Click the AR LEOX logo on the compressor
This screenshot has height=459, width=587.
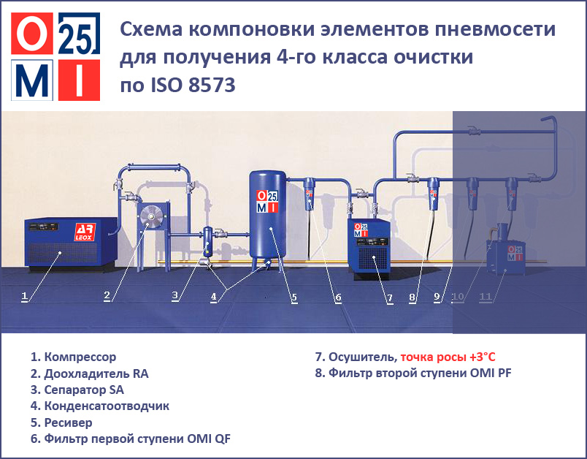(x=85, y=232)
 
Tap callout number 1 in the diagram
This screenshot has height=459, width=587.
(x=24, y=297)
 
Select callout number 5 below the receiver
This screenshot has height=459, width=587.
(x=295, y=297)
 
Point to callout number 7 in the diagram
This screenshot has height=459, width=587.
(x=390, y=298)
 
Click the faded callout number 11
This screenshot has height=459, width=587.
(x=486, y=297)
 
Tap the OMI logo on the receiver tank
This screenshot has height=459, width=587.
(x=267, y=201)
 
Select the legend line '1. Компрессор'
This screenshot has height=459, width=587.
(x=73, y=357)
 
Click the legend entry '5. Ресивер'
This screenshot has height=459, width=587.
(x=61, y=422)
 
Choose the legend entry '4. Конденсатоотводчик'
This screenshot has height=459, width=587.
(x=100, y=406)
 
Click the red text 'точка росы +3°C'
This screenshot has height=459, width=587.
(x=448, y=357)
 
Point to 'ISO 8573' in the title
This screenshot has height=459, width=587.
(x=193, y=85)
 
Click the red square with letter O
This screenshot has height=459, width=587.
(x=32, y=34)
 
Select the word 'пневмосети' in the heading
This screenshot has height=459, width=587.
(x=495, y=29)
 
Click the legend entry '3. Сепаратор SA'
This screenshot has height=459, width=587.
(x=77, y=390)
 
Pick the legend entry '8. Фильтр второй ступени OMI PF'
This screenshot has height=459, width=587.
(x=413, y=373)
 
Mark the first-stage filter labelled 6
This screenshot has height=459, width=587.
(x=309, y=194)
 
